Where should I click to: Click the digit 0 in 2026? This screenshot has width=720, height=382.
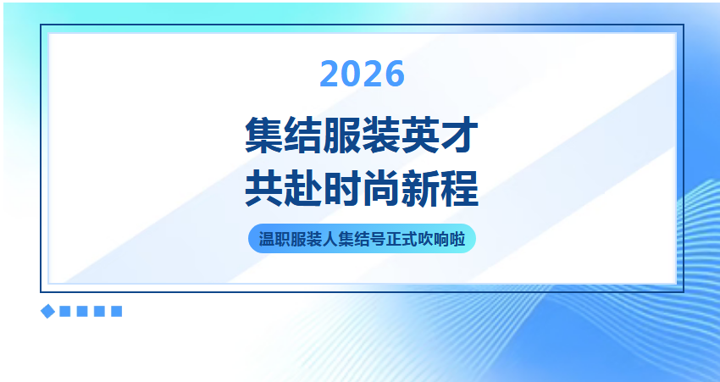click(352, 74)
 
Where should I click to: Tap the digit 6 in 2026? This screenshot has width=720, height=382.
click(395, 74)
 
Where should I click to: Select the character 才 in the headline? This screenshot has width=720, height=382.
click(460, 135)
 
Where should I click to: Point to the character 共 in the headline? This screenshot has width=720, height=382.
click(264, 188)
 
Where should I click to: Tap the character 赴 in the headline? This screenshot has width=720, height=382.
click(303, 188)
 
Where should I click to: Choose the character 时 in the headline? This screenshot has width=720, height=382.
click(342, 188)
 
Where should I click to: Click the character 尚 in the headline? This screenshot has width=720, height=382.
click(381, 188)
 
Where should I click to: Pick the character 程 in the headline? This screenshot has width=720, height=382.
click(460, 188)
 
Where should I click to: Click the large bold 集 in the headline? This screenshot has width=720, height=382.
click(264, 135)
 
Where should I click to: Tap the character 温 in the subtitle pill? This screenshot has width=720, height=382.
click(266, 239)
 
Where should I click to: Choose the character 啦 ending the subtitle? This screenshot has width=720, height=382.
click(457, 239)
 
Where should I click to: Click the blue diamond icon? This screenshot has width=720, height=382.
click(47, 312)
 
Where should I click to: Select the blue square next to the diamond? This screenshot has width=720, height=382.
click(65, 312)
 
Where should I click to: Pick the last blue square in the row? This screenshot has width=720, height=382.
click(117, 312)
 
